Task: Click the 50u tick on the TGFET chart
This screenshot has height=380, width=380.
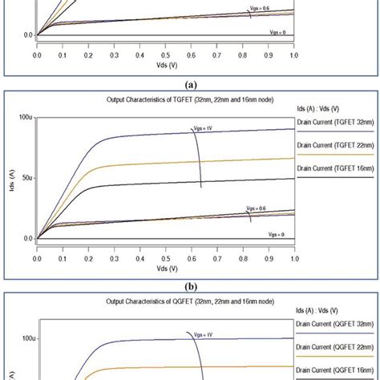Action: pyautogui.click(x=24, y=178)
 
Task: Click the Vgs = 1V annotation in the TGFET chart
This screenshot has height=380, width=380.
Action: pyautogui.click(x=201, y=127)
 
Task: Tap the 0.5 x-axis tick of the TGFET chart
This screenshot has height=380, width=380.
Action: pyautogui.click(x=165, y=249)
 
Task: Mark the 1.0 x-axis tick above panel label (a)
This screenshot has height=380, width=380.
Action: pyautogui.click(x=293, y=47)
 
